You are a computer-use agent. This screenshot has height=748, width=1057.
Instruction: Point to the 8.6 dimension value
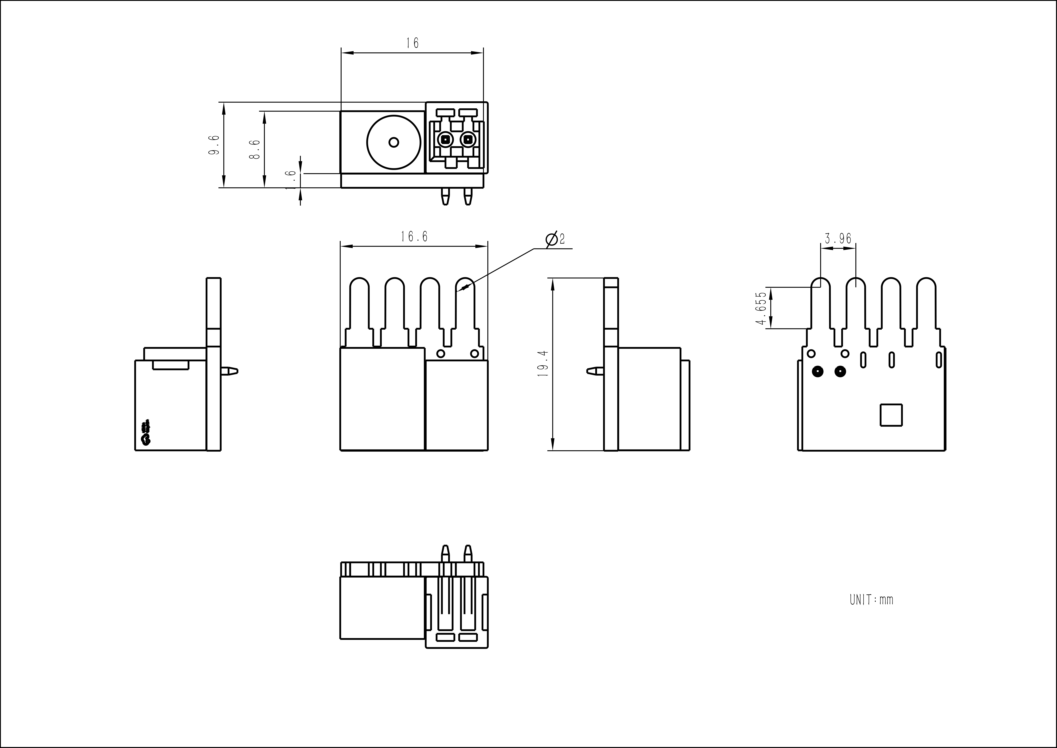(255, 150)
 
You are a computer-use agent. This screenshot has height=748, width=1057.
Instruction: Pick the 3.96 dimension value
(838, 239)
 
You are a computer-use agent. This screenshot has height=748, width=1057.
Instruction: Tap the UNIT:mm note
(871, 600)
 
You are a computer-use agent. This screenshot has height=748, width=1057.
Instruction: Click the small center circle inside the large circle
(394, 142)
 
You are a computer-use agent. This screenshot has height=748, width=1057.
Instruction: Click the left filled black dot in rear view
(818, 371)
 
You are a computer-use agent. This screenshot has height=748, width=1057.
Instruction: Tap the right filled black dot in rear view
(840, 371)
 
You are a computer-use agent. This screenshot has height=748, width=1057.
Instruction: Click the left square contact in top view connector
(445, 139)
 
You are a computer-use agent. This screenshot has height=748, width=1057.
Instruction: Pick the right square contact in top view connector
(468, 139)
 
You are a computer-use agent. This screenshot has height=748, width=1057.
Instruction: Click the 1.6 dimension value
(291, 180)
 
